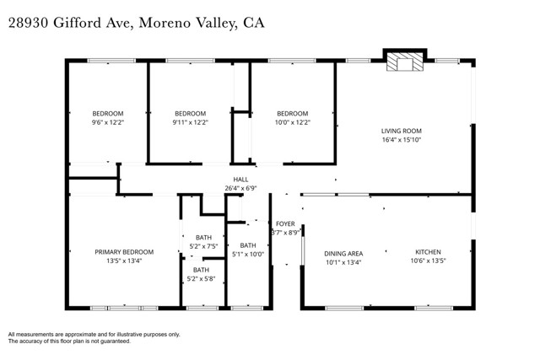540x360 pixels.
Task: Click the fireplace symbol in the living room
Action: click(401, 63)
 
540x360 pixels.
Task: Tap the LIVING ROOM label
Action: click(401, 131)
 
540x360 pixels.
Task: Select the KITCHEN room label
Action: click(428, 252)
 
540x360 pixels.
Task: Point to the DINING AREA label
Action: click(343, 253)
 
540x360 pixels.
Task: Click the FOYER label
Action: click(286, 224)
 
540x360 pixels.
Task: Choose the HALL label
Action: click(240, 180)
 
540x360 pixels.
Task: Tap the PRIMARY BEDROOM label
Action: click(124, 252)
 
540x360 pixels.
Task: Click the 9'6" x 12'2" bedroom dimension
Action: click(107, 122)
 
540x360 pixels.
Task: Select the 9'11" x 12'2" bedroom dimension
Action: click(190, 122)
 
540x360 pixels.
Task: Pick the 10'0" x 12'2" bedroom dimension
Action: click(293, 122)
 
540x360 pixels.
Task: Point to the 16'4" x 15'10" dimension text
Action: click(401, 140)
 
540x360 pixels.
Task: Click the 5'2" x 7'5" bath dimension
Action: click(202, 246)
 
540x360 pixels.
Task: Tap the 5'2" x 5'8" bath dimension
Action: click(202, 278)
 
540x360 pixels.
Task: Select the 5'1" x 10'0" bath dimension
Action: click(248, 254)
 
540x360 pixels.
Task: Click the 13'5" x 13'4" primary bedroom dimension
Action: click(124, 261)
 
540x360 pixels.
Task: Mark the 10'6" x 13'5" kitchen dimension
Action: click(428, 261)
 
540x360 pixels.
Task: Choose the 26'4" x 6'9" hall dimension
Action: click(240, 188)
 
